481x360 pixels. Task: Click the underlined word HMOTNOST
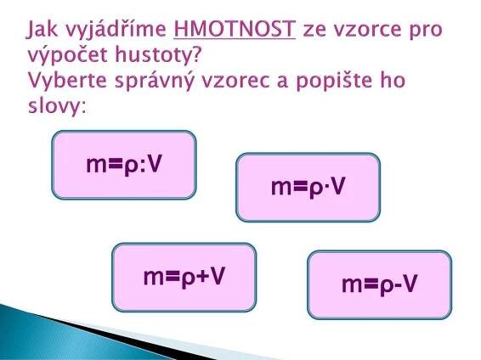coord(235,29)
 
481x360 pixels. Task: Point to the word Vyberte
coord(68,81)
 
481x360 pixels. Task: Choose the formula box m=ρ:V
coord(124,165)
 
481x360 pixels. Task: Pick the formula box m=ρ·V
coord(308,187)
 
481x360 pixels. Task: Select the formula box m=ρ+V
coord(184,278)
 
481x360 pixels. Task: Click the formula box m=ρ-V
coord(380,284)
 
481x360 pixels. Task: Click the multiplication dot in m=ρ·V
coord(326,187)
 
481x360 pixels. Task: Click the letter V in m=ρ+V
coord(218,276)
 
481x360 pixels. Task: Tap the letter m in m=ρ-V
coord(352,285)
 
